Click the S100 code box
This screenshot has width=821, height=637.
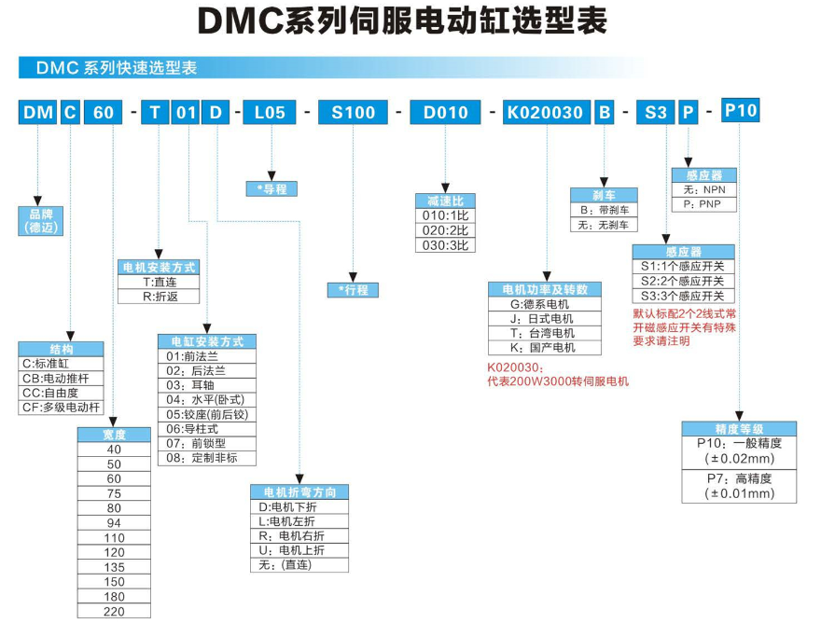[x=352, y=113]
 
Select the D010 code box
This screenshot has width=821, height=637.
[x=445, y=113]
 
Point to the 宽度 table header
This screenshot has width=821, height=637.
[x=114, y=434]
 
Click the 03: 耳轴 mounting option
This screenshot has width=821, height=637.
[x=207, y=384]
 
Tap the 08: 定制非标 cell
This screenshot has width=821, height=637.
[x=207, y=458]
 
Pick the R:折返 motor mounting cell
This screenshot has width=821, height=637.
[x=159, y=297]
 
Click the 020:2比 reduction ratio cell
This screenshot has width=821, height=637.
[x=445, y=230]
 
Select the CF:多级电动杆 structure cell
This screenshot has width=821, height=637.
[x=62, y=408]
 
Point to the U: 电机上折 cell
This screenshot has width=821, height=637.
[x=299, y=550]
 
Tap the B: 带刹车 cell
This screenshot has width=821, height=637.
[x=604, y=210]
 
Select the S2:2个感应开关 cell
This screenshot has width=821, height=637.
[x=684, y=281]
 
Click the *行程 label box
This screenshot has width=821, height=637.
[x=353, y=290]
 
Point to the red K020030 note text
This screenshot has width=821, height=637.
[x=558, y=375]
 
